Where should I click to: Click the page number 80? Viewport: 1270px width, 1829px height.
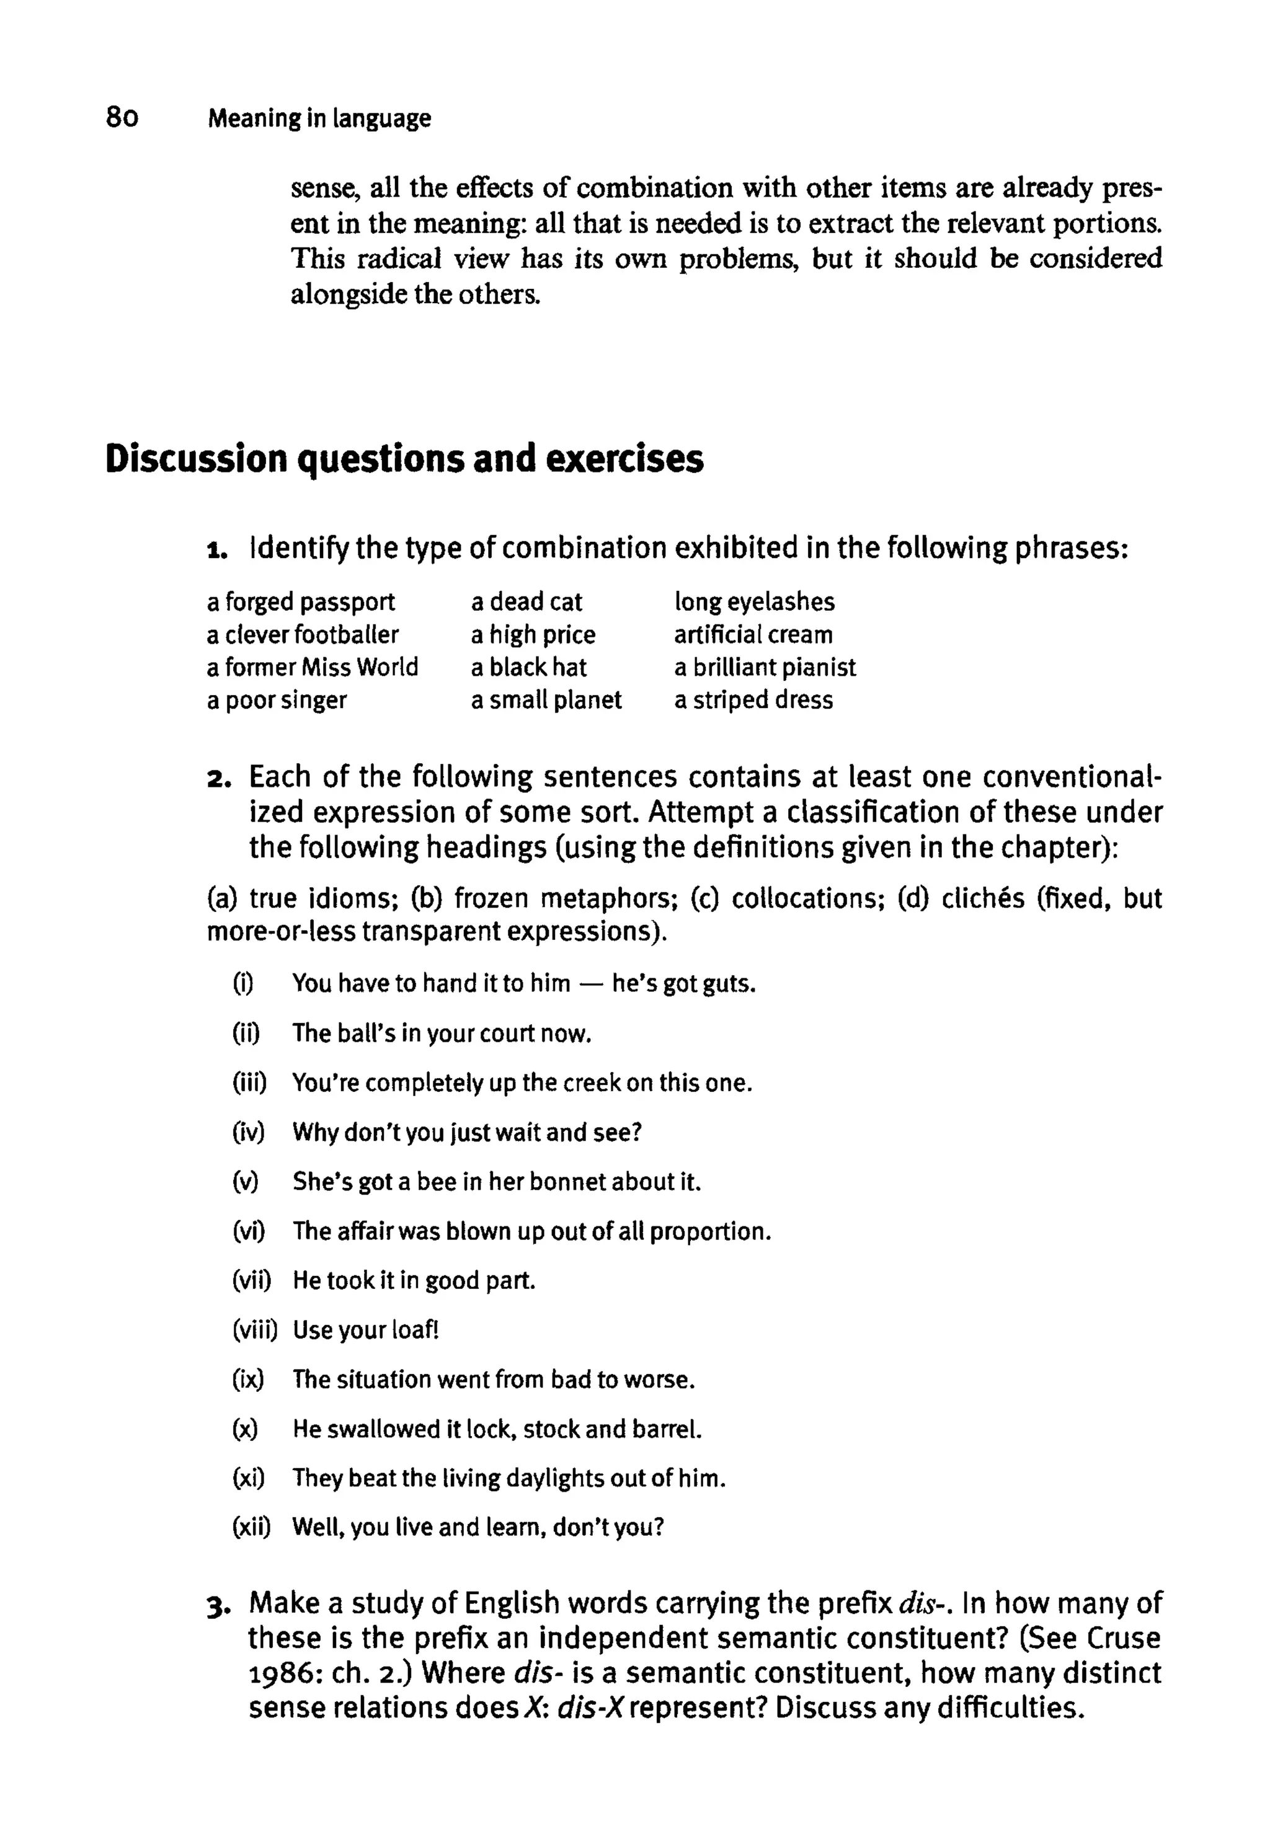coord(122,118)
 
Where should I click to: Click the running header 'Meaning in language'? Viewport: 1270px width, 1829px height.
coord(319,118)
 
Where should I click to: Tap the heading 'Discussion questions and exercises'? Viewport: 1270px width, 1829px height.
coord(404,459)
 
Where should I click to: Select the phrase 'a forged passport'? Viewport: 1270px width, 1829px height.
coord(300,601)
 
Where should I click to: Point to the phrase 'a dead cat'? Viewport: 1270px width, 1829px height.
coord(526,601)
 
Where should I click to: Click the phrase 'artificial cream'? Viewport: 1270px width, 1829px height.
coord(753,634)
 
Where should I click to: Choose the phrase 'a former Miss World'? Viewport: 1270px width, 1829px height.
coord(312,666)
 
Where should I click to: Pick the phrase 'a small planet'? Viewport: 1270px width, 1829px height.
coord(546,700)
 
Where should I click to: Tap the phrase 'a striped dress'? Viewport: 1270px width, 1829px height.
coord(753,700)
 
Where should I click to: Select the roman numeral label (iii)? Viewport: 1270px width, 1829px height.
coord(249,1083)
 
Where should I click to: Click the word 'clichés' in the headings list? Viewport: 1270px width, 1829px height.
coord(983,898)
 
